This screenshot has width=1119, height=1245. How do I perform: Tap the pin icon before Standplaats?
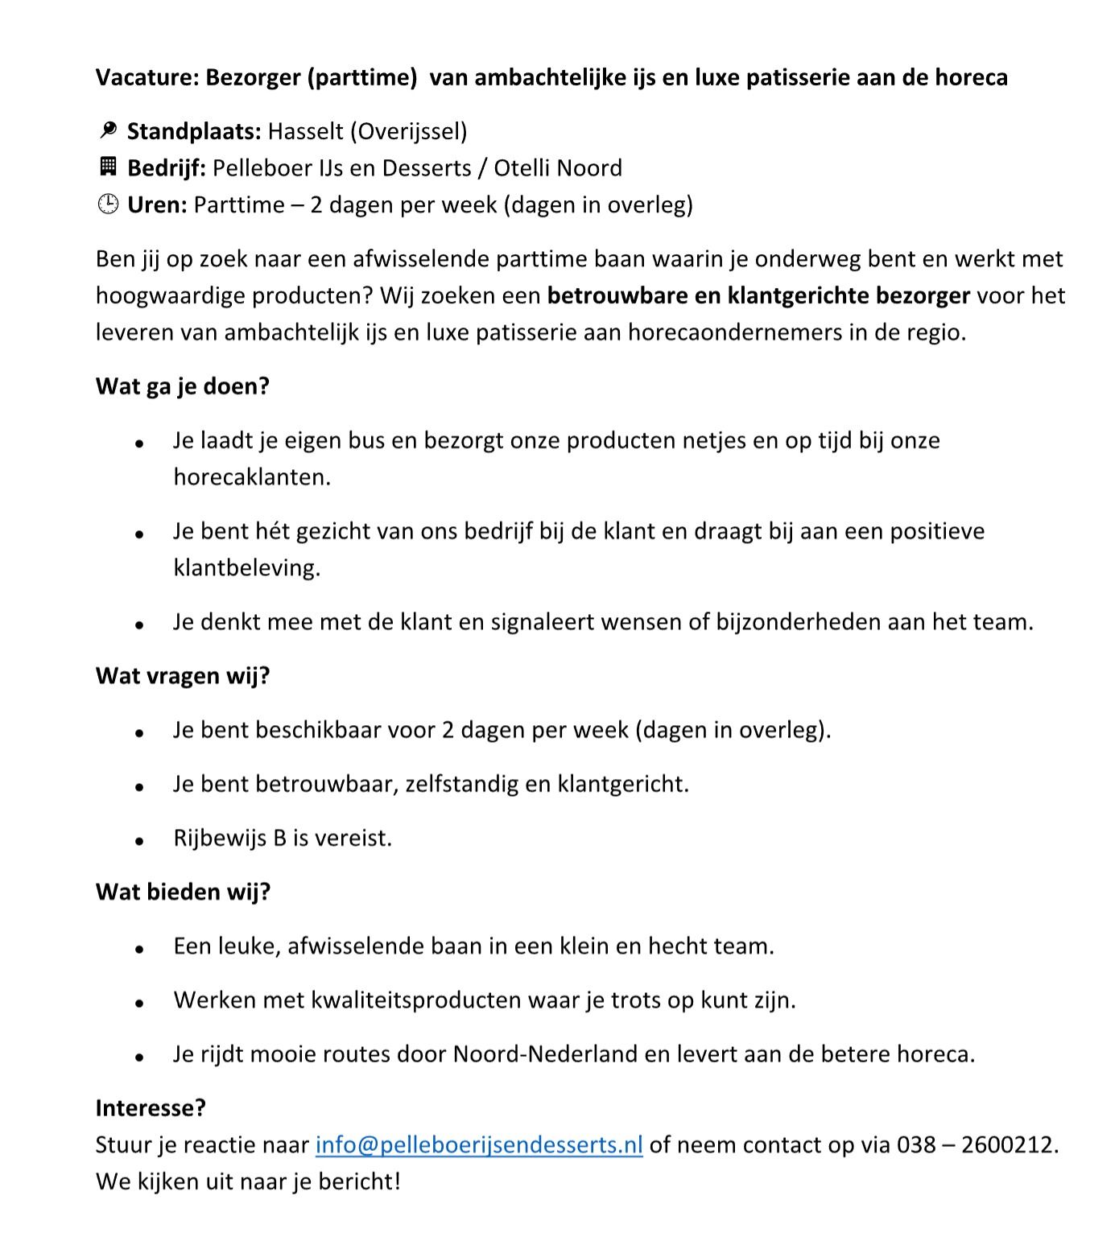(x=107, y=130)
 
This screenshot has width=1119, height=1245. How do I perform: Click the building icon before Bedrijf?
(x=107, y=167)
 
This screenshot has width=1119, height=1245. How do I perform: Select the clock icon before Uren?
(x=107, y=204)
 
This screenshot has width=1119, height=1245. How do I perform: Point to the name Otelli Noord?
(x=558, y=167)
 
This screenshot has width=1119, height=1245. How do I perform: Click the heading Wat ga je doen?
(x=183, y=386)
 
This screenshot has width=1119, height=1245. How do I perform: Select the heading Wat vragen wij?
(x=183, y=675)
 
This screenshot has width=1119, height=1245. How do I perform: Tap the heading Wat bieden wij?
(x=183, y=892)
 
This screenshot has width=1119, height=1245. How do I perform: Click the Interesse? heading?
(x=151, y=1107)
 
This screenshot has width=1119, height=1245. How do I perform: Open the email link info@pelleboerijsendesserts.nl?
(x=479, y=1144)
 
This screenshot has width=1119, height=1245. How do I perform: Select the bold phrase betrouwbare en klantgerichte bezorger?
(x=758, y=296)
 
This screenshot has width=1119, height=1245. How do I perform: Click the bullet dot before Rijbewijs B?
(x=139, y=839)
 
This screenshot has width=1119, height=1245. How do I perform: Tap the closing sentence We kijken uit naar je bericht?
(x=248, y=1181)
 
